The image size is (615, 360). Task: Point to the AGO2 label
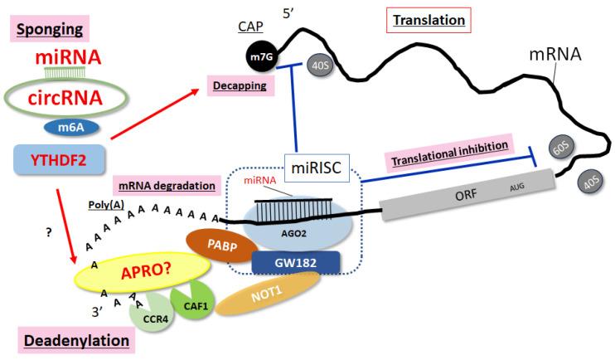[286, 234]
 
